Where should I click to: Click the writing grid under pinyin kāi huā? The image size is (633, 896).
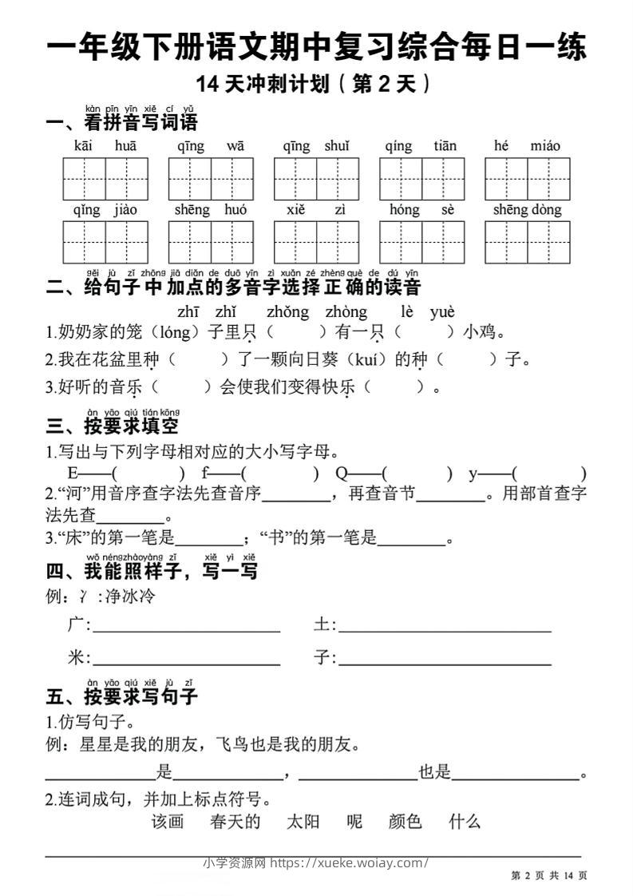pyautogui.click(x=105, y=179)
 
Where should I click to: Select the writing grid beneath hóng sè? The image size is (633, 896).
pyautogui.click(x=421, y=242)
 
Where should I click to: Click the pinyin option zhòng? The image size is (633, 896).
pyautogui.click(x=346, y=312)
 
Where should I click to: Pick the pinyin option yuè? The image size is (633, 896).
pyautogui.click(x=441, y=312)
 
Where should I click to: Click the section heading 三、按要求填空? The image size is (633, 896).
pyautogui.click(x=113, y=426)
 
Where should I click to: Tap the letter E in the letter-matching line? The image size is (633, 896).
pyautogui.click(x=73, y=473)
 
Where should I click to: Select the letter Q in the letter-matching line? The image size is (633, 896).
pyautogui.click(x=342, y=473)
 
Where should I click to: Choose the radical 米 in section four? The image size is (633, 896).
pyautogui.click(x=77, y=657)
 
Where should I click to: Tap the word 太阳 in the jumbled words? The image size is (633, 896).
pyautogui.click(x=303, y=821)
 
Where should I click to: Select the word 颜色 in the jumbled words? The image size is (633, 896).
pyautogui.click(x=405, y=821)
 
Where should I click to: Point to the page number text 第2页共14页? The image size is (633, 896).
pyautogui.click(x=548, y=876)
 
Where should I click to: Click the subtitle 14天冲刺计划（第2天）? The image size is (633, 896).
pyautogui.click(x=316, y=84)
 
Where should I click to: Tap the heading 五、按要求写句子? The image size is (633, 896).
pyautogui.click(x=122, y=696)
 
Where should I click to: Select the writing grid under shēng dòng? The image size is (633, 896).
pyautogui.click(x=527, y=242)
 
